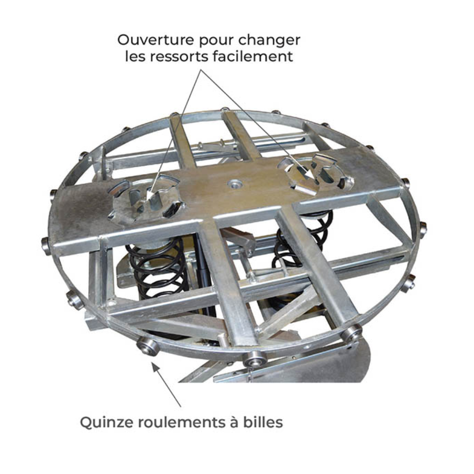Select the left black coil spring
coord(157,269)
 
